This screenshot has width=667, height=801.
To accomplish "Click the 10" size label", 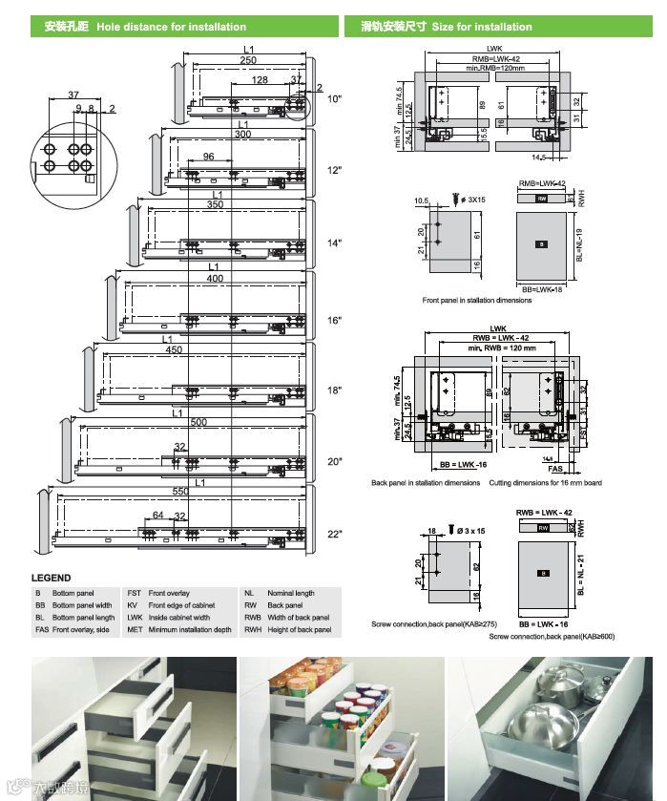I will pyautogui.click(x=334, y=98).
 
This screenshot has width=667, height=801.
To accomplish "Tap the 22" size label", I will pyautogui.click(x=334, y=535).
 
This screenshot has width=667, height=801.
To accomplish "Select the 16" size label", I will pyautogui.click(x=334, y=321).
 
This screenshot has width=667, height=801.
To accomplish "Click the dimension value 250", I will pyautogui.click(x=248, y=60).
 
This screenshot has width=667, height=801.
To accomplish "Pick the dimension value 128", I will pyautogui.click(x=260, y=81).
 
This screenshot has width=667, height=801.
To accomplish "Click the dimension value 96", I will pyautogui.click(x=208, y=157).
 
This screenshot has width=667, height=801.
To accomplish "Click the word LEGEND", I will pyautogui.click(x=51, y=578).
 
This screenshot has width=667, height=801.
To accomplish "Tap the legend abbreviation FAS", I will pyautogui.click(x=41, y=630).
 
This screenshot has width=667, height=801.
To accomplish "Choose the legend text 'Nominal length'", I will pyautogui.click(x=291, y=593).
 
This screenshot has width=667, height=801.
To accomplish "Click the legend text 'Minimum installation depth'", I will pyautogui.click(x=189, y=630).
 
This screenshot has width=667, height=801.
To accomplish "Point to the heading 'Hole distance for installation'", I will pyautogui.click(x=171, y=27).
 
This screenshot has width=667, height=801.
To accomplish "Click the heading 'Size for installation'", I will pyautogui.click(x=482, y=27).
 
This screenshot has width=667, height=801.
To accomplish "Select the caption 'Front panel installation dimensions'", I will pyautogui.click(x=477, y=301).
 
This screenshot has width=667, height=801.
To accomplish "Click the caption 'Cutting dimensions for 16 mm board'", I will pyautogui.click(x=545, y=483).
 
